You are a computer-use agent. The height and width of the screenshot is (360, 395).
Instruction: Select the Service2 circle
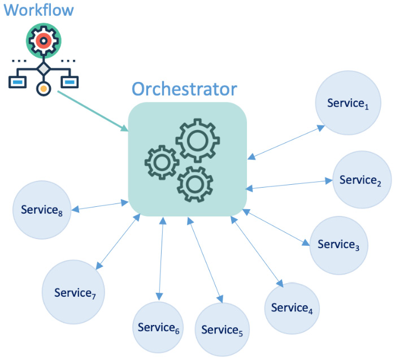pyautogui.click(x=361, y=180)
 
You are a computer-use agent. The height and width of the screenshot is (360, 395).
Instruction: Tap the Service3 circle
pyautogui.click(x=338, y=244)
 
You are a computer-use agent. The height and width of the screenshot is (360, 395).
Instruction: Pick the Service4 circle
pyautogui.click(x=292, y=308)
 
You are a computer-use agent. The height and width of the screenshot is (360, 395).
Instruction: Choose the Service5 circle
pyautogui.click(x=222, y=329)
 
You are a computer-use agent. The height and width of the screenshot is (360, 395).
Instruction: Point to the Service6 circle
pyautogui.click(x=159, y=327)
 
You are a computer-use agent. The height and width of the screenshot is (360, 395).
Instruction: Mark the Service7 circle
pyautogui.click(x=72, y=292)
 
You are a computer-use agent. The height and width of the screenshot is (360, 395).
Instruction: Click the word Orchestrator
pyautogui.click(x=184, y=89)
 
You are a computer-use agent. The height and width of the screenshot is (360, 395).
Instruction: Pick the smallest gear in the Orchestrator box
pyautogui.click(x=162, y=162)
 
